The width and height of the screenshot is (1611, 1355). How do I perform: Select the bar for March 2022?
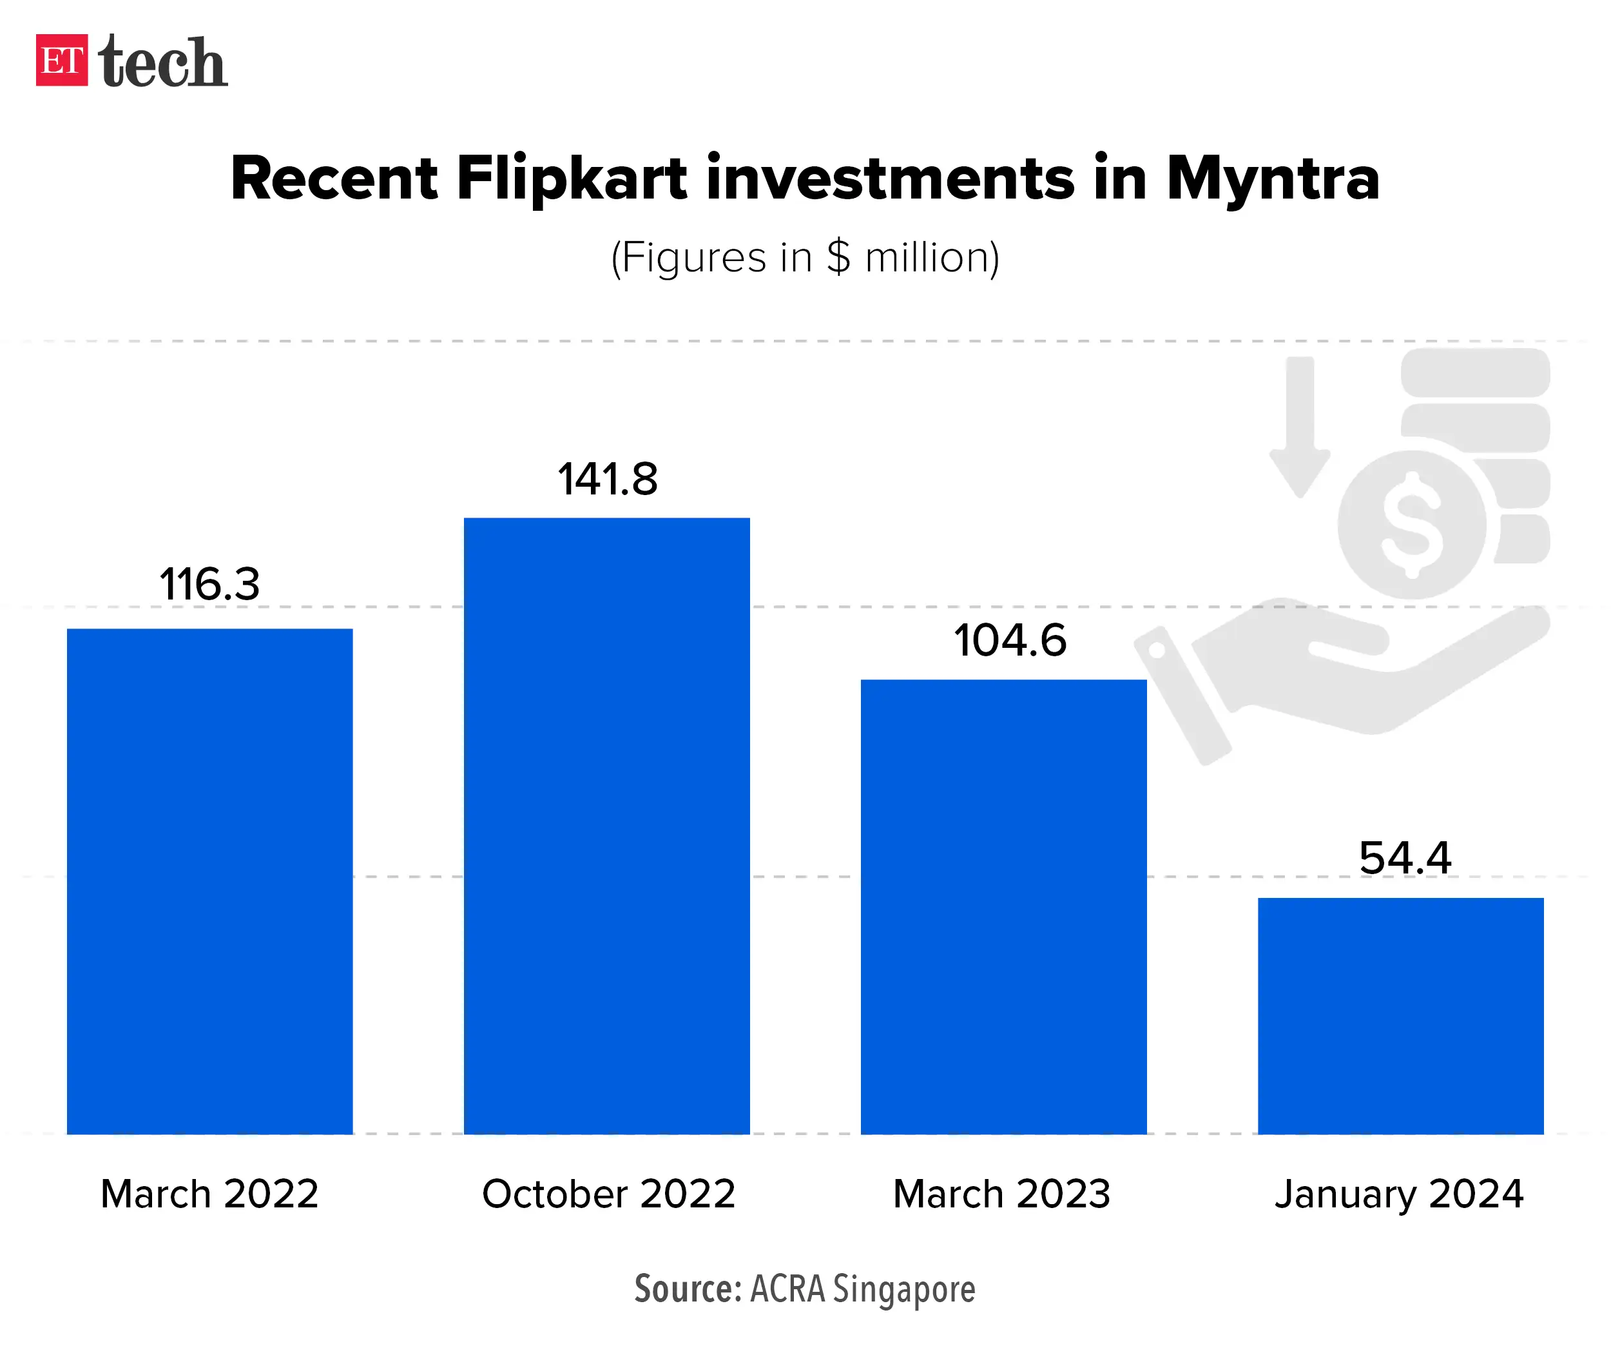click(209, 881)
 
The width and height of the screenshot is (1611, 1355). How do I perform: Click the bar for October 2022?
click(606, 826)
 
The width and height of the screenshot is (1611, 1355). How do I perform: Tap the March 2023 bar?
click(1003, 906)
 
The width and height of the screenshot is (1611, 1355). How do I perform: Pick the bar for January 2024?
click(1400, 1015)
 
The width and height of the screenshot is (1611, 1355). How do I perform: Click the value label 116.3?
click(209, 585)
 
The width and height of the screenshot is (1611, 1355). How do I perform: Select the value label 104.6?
click(1010, 641)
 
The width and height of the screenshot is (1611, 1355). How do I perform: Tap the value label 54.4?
click(1404, 858)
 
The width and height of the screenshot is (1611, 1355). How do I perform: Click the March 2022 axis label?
click(209, 1194)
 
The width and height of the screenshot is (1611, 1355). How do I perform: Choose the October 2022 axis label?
click(608, 1194)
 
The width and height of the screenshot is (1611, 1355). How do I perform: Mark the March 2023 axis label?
click(1001, 1194)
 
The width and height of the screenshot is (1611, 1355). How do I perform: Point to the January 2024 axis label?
click(1399, 1194)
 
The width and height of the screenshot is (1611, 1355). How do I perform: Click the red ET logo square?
click(61, 60)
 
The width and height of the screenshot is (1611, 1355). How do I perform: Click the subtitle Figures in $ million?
click(805, 257)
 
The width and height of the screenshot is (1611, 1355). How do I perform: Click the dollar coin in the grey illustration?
click(1411, 524)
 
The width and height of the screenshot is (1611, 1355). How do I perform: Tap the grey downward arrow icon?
click(1300, 426)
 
